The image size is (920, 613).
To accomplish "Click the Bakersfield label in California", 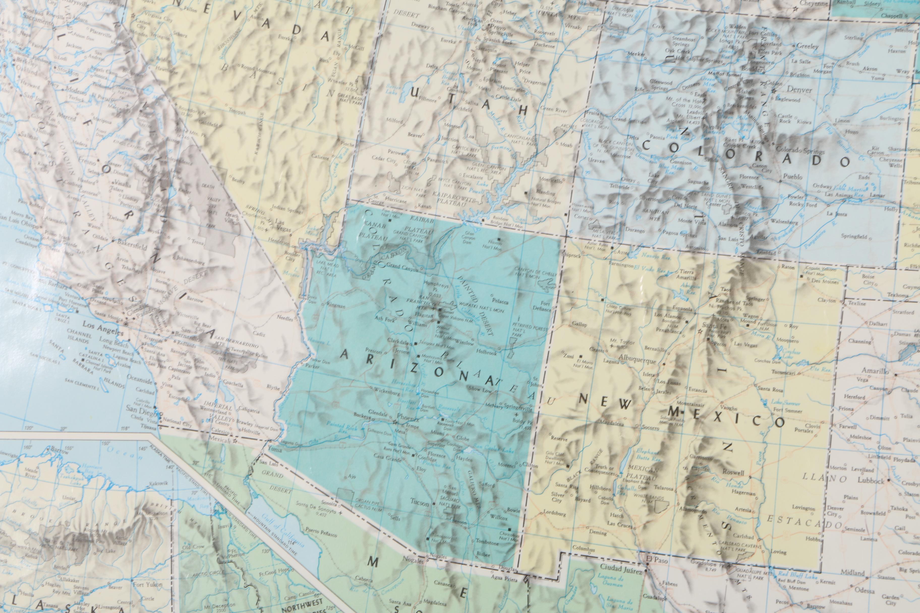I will click(x=132, y=247).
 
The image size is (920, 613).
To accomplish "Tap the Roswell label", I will click(x=734, y=472).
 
